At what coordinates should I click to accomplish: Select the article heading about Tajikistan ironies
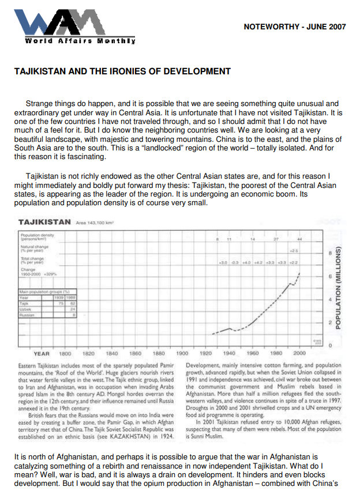[x=122, y=71]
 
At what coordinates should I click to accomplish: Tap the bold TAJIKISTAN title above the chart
[x=44, y=221]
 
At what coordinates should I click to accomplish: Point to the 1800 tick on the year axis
[x=65, y=353]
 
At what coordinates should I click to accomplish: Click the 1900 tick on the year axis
[x=182, y=353]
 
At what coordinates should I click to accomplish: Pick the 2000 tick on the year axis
[x=299, y=353]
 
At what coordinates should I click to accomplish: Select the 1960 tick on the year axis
[x=253, y=353]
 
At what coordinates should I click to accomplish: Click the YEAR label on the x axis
[x=42, y=353]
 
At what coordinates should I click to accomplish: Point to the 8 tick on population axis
[x=329, y=252]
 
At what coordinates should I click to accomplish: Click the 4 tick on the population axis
[x=329, y=300]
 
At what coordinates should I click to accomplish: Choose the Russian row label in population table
[x=27, y=315]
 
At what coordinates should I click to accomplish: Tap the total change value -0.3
[x=235, y=262]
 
